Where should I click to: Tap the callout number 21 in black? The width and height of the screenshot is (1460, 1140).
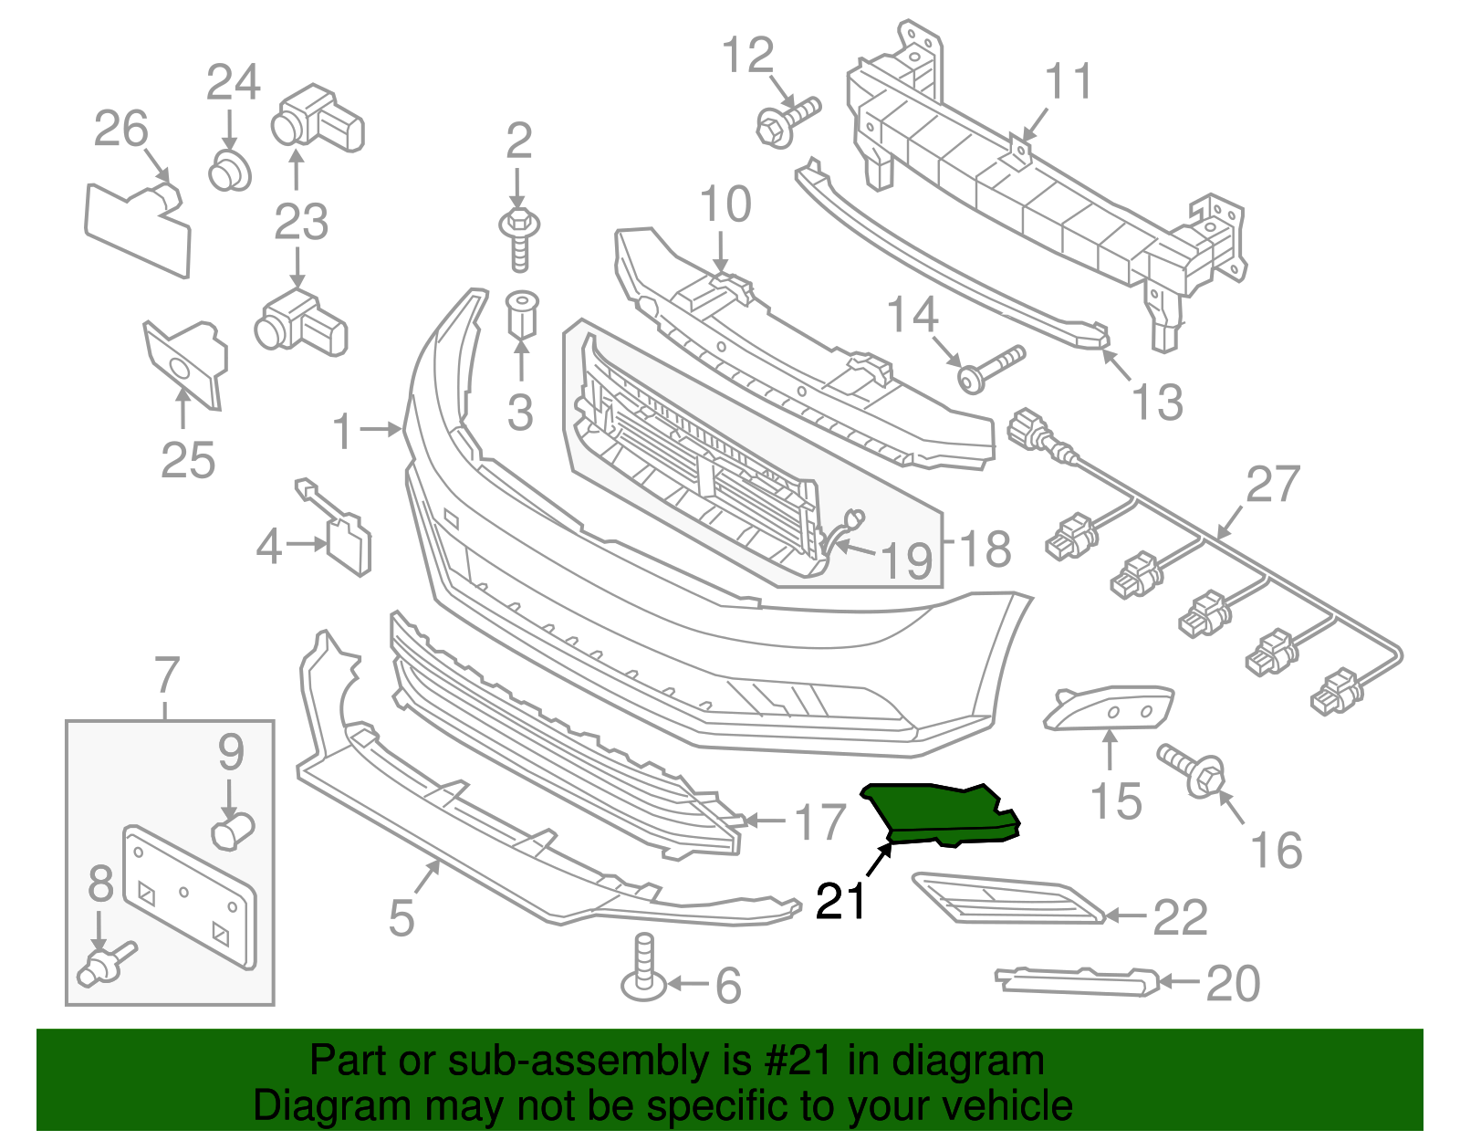click(x=840, y=901)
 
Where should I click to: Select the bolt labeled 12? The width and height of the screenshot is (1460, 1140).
click(x=786, y=121)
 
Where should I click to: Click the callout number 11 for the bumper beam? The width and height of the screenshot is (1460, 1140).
click(x=1068, y=82)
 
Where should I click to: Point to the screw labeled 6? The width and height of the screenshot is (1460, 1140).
click(x=644, y=967)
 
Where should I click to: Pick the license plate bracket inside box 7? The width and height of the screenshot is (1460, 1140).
click(x=190, y=894)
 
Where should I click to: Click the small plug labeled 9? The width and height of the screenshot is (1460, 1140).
click(x=232, y=831)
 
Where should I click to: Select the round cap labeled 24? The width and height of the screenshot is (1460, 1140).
click(x=229, y=171)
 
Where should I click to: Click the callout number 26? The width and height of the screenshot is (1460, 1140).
click(x=120, y=129)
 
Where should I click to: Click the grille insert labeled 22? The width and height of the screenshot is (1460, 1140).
click(x=1004, y=898)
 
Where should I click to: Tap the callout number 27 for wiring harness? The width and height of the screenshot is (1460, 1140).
click(x=1272, y=484)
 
